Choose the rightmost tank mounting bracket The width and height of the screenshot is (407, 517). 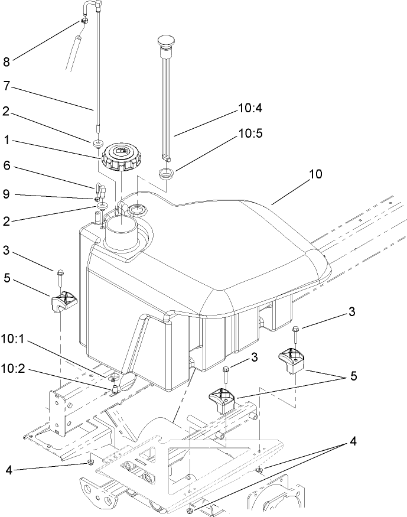tap(292, 359)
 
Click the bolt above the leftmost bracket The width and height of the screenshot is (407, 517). tap(60, 277)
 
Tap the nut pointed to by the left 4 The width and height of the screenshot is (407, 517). tap(90, 461)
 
